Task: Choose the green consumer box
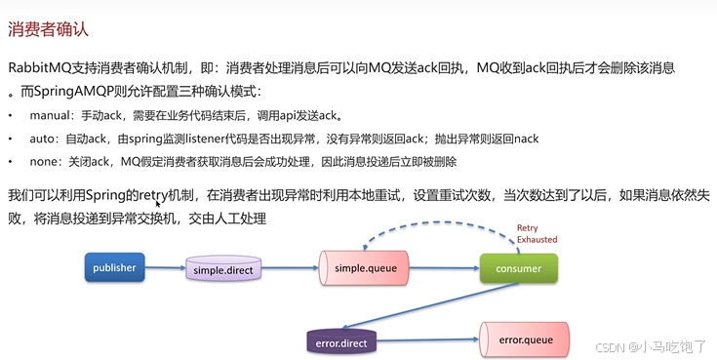[x=517, y=266]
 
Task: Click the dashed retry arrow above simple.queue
[x=429, y=230]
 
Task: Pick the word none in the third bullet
[x=44, y=161]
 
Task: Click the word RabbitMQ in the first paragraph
[x=40, y=69]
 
